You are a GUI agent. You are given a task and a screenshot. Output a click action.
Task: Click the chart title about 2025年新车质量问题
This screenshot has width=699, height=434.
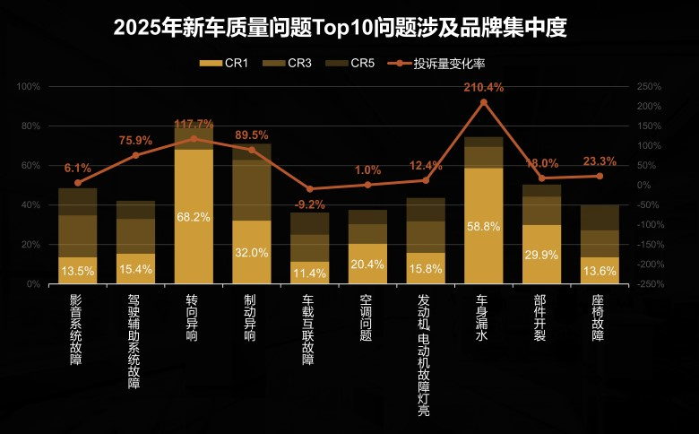click(x=341, y=28)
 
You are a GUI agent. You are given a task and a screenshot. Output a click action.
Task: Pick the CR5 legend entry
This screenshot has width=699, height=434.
click(x=352, y=63)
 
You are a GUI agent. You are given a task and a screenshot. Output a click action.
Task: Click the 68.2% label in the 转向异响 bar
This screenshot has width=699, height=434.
click(x=194, y=218)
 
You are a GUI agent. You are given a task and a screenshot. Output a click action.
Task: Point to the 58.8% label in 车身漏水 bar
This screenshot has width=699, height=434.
click(x=484, y=227)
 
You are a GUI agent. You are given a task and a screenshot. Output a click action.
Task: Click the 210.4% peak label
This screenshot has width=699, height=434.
click(x=484, y=88)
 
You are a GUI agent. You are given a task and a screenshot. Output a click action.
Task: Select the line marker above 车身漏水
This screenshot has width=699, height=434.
click(x=484, y=102)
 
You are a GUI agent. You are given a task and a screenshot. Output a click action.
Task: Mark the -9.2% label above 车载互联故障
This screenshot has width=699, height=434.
click(x=309, y=204)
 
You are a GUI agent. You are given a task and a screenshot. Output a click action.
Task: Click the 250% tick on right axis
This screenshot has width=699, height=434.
click(x=648, y=86)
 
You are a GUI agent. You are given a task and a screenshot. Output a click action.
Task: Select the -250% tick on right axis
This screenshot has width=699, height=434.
click(x=650, y=283)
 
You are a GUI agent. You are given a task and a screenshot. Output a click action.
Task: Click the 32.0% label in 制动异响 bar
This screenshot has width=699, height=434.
click(x=252, y=253)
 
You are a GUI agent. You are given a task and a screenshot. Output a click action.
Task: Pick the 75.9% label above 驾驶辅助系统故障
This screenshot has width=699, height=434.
click(x=135, y=140)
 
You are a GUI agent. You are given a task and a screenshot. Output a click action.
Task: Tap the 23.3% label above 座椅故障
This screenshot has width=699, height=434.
click(x=600, y=161)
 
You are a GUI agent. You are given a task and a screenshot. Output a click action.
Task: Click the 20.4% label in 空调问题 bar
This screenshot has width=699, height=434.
click(x=367, y=265)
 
